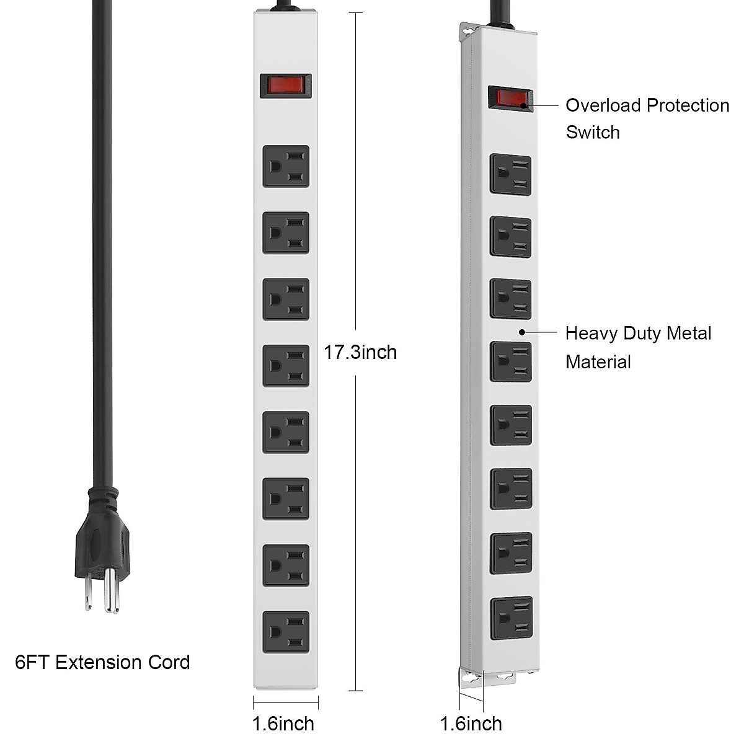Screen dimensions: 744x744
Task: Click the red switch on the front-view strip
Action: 285,86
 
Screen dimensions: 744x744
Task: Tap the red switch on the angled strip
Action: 510,99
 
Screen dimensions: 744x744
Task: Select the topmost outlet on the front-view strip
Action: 285,166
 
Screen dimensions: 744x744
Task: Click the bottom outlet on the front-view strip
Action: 285,632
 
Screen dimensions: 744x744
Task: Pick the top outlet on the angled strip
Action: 511,175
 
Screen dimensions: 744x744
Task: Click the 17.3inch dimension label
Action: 360,352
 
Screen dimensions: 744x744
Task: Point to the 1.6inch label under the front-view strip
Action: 283,724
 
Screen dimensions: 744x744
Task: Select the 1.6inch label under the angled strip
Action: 471,724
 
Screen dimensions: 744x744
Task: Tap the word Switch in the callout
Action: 593,132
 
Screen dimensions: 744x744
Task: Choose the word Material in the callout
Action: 598,362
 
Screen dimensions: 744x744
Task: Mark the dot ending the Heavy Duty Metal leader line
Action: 522,332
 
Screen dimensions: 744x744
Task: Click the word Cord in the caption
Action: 169,662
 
